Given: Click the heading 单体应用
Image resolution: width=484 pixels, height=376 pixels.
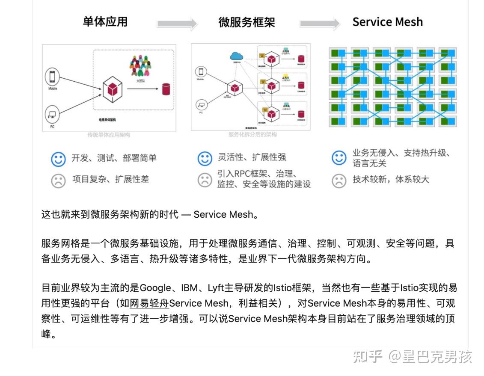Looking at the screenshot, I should coord(105,22).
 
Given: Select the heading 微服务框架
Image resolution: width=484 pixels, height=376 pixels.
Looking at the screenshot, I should coord(246,22).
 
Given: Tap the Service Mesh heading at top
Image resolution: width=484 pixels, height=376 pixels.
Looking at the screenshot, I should coord(387,22).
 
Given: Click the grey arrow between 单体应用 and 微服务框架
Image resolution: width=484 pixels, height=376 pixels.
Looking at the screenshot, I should coord(177,24).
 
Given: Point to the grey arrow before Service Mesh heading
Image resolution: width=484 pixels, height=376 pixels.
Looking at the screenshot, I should coord(320,24).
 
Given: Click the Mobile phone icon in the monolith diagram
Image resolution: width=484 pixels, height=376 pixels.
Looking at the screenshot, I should coord(52,77).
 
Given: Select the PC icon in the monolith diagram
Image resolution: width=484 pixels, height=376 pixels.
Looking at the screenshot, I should coord(52,115).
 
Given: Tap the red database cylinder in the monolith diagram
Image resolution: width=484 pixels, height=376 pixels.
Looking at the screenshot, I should coord(166,89).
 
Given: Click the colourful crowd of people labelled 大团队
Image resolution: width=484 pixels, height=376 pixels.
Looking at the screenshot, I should coord(140,65).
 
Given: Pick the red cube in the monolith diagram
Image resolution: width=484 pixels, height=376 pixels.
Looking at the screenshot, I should coord(112,89).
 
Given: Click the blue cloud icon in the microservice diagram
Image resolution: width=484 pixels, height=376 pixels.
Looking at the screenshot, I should coord(236,56).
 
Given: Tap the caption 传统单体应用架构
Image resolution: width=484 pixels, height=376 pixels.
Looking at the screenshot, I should coord(109,135).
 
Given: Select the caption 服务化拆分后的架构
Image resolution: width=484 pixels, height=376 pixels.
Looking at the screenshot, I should coord(252,134).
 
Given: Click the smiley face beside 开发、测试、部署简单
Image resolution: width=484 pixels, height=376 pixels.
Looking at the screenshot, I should coord(58,159).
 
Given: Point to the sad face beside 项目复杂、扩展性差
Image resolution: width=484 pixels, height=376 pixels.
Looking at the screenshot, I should coord(58,180).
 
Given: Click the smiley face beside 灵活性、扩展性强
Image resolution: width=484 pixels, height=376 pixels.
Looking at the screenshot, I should coord(205,158).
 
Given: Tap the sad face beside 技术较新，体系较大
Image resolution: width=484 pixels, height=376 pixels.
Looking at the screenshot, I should coord(339,180).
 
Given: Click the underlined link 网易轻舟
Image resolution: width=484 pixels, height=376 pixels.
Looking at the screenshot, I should coord(149,303).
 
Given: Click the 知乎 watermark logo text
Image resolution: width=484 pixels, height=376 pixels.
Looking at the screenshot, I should coord(367,356).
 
